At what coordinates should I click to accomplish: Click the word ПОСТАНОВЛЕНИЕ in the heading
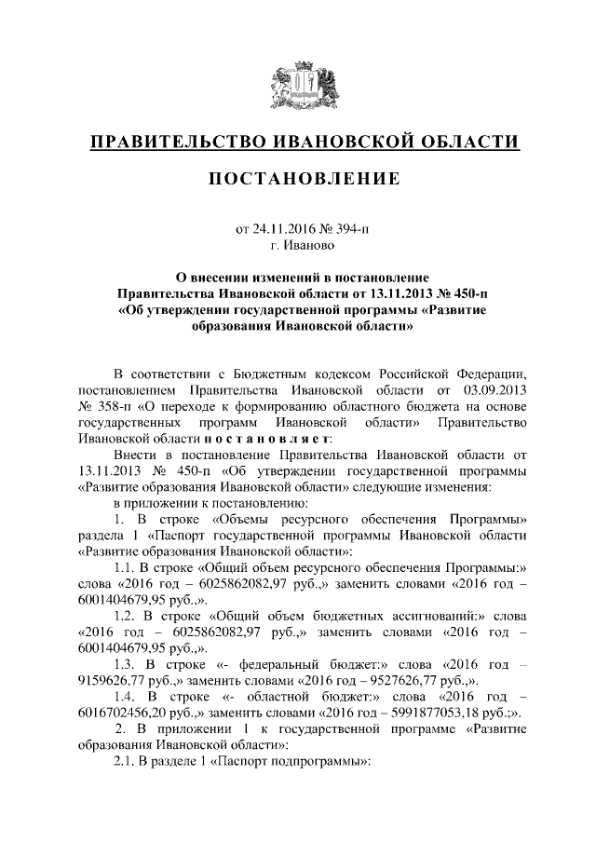298,178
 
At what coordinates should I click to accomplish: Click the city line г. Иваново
298,246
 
